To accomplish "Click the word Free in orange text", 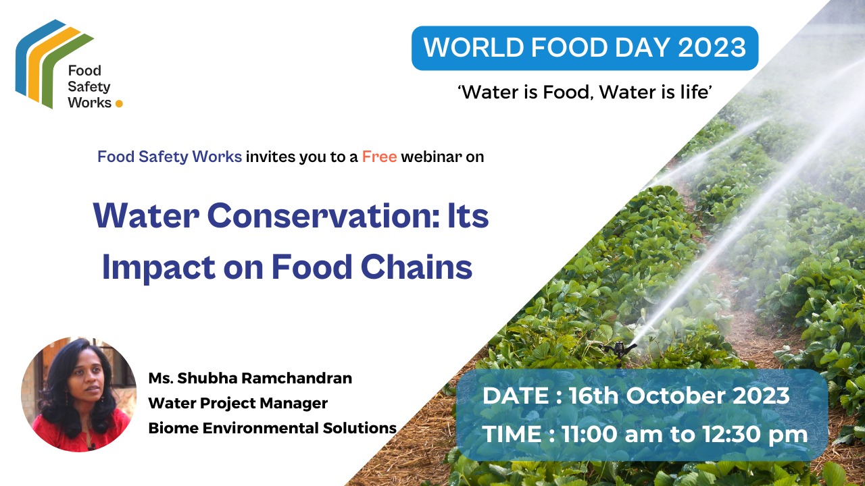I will pos(379,157).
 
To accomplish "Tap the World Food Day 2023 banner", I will pos(585,48).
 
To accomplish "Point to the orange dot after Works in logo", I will pos(120,104).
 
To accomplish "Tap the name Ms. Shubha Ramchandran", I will pos(250,378).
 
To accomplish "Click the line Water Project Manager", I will pos(238,403).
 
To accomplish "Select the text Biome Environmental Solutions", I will pos(272,428).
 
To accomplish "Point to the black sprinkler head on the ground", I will pos(620,348).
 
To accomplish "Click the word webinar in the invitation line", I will pos(432,157).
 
